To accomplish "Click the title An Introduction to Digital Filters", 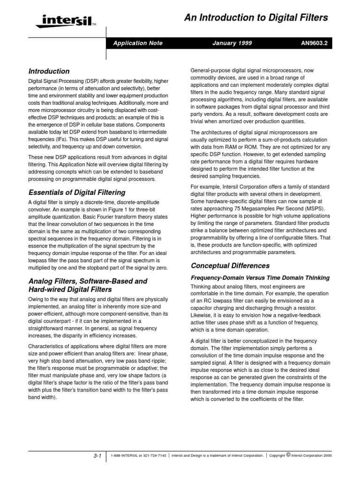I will tap(255, 18).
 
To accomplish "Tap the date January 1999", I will tap(232, 43).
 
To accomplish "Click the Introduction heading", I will tap(49, 72).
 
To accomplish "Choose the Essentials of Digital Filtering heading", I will tap(77, 192).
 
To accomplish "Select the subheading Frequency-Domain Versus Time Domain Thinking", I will tap(260, 278).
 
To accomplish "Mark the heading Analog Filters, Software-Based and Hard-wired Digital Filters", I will tap(88, 285).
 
